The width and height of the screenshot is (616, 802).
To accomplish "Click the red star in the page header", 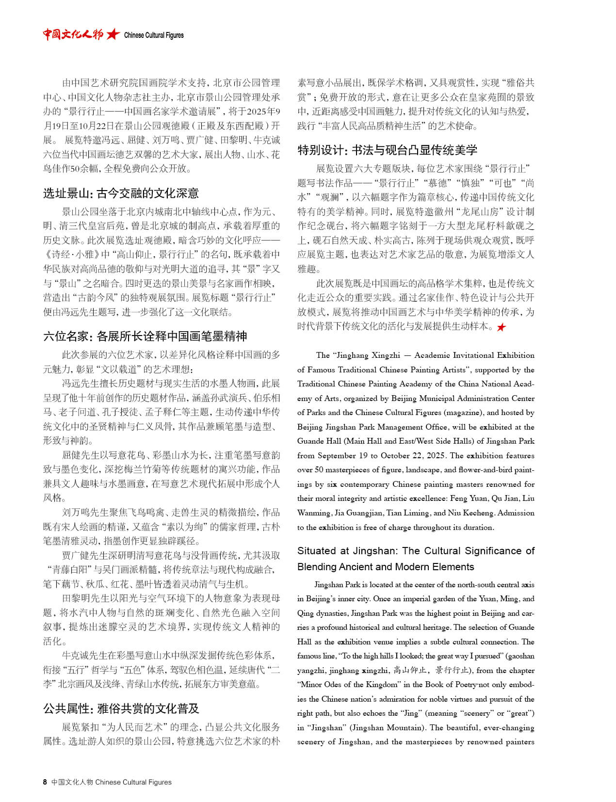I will coord(113,34).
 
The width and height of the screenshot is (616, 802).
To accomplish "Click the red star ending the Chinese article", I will coord(501,327).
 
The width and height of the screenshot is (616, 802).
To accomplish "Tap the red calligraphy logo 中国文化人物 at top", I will coord(73,34).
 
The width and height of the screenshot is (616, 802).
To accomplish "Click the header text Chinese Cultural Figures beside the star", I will coord(154,35).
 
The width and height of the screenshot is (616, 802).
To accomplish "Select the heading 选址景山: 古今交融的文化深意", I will coord(121,193).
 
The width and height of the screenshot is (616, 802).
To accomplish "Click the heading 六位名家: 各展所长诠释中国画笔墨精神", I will coord(145,336).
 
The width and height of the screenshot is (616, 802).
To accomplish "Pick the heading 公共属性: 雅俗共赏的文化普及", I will coord(121,708).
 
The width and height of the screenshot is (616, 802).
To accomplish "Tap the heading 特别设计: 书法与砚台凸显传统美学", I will coord(387,150).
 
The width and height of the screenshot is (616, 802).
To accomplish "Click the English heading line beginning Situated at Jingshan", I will coord(416,551).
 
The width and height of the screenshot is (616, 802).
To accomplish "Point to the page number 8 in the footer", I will coord(45,782).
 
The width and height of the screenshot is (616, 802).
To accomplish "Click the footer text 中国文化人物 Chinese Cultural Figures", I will coord(112,782).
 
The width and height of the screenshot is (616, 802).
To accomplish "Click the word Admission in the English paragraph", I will coord(516,513).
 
